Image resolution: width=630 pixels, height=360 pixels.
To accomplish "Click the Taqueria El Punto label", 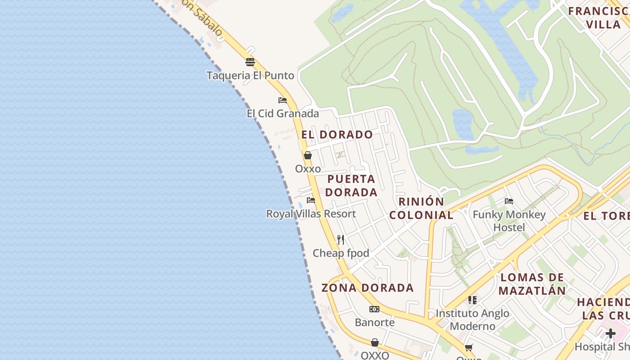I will [250, 75].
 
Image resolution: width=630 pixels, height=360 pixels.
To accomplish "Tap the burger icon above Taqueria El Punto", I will [250, 62].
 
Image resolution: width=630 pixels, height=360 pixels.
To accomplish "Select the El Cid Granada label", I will [283, 113].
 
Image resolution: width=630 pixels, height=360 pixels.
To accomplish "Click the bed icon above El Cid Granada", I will [283, 100].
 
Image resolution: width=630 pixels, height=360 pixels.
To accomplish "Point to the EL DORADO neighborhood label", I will [337, 135].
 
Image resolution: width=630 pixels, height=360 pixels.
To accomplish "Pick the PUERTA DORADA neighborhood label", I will [351, 185].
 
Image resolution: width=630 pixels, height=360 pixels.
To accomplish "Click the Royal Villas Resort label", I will [311, 214].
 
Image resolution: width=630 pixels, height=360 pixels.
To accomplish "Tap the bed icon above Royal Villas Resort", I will [311, 200].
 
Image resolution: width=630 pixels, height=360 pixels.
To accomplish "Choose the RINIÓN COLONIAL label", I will [421, 208].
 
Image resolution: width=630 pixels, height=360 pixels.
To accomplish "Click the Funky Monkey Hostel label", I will [509, 221].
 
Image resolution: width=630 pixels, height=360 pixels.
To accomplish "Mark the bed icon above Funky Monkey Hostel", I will [509, 201].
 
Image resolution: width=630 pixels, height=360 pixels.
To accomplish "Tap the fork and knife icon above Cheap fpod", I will [341, 240].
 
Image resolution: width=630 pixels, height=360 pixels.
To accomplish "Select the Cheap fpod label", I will [341, 253].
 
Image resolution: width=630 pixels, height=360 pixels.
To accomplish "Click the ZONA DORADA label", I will [367, 288].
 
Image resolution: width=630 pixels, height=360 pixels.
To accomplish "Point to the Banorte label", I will [374, 322].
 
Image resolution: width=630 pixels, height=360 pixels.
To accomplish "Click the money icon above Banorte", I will [374, 309].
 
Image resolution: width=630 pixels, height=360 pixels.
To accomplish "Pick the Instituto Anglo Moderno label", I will [472, 319].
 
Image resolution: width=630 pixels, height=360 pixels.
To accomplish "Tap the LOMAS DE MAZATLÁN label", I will [532, 283].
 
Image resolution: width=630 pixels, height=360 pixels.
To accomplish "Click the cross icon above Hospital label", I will [611, 333].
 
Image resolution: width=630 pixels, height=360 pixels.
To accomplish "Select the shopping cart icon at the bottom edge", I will [469, 347].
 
